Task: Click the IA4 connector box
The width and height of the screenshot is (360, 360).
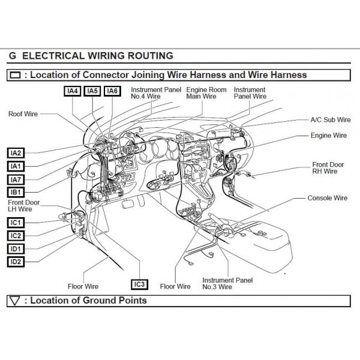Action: point(73,91)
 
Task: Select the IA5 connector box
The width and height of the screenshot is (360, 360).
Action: point(92,91)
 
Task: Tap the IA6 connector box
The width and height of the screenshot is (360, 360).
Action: point(112,91)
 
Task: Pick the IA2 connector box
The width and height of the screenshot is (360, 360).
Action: point(16,152)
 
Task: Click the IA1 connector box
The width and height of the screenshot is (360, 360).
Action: point(16,166)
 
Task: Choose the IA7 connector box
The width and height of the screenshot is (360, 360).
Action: point(16,179)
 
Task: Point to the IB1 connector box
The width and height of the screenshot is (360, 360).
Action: point(16,192)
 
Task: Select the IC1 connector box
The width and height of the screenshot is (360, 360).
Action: point(16,223)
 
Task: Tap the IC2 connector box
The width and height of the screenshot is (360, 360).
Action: point(16,235)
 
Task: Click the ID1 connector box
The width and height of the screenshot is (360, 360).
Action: point(16,248)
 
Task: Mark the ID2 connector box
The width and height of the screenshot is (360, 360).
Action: point(16,262)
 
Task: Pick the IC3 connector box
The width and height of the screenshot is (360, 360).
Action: point(139,284)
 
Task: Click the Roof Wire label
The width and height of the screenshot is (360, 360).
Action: point(23,113)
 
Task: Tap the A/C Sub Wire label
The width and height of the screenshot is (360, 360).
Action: point(330,120)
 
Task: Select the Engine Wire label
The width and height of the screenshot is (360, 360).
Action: point(329,136)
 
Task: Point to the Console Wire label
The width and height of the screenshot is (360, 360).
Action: point(328,197)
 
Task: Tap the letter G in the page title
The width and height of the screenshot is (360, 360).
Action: point(13,56)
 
